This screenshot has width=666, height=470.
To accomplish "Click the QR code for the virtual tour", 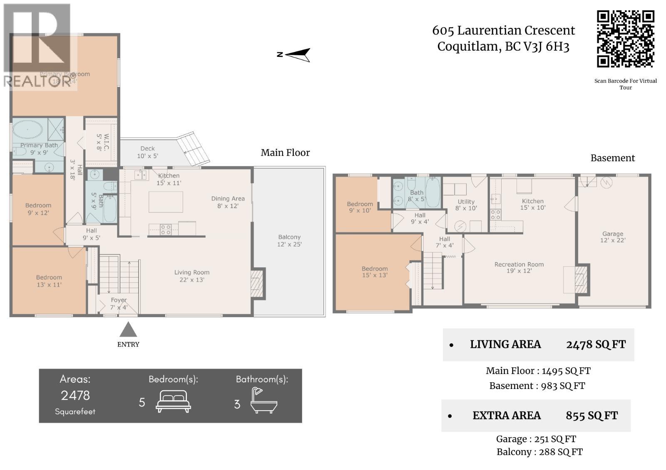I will (625, 39).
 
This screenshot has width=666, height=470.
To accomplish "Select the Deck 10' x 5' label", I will (147, 152).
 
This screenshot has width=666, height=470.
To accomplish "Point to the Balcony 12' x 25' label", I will (289, 241).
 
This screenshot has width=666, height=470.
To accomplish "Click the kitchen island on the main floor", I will (166, 202).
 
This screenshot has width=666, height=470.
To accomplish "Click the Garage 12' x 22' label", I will (613, 237).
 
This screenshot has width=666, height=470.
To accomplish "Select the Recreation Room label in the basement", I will (519, 267).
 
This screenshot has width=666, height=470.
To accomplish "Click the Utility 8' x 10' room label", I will (466, 205).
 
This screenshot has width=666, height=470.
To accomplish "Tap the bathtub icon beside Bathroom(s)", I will (263, 401).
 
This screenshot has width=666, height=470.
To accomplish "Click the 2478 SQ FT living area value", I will (596, 345).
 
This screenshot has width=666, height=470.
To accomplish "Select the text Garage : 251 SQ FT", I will (536, 439).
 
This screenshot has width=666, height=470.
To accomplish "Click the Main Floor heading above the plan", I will (285, 153).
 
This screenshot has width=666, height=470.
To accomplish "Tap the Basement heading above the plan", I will (612, 158).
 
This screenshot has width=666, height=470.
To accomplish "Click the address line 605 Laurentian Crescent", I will (503, 30).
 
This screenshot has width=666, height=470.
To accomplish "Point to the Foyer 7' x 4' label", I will (119, 303).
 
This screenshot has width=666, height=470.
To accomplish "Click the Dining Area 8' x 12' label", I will (228, 202).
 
